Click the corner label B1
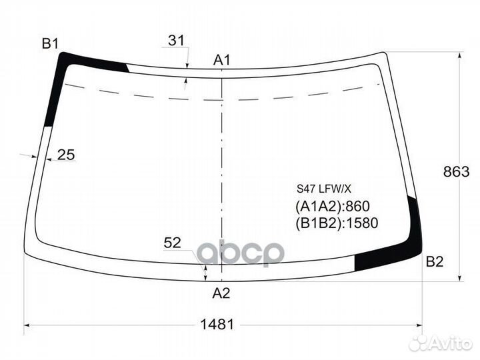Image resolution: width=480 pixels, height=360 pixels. coord(50,44)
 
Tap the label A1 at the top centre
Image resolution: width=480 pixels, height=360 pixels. coord(221,60)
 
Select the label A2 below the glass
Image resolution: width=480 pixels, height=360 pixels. coord(221,293)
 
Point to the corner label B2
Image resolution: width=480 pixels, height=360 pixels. coord(435,262)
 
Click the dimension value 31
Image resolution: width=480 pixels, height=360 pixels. coord(176,40)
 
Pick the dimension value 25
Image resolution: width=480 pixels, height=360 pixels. coord(66,155)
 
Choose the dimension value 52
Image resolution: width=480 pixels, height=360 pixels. coord(173,243)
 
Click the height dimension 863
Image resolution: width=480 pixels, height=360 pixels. coord(456,172)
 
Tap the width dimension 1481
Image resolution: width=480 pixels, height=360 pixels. coord(217,324)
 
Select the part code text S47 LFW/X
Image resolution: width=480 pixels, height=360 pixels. coord(324,189)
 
